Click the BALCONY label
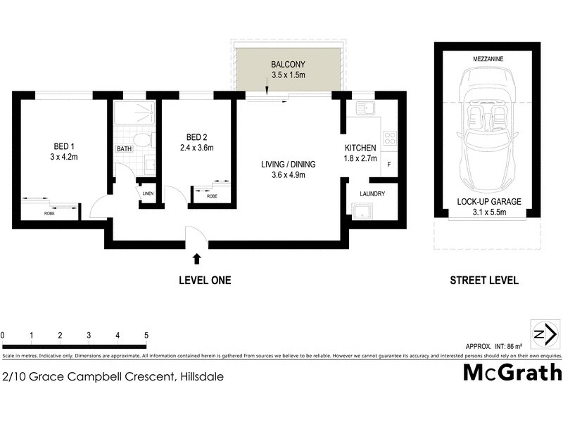pyautogui.click(x=288, y=65)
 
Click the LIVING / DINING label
pyautogui.click(x=288, y=165)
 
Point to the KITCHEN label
pyautogui.click(x=360, y=148)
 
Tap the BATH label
pyautogui.click(x=124, y=148)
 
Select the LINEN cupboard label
pyautogui.click(x=148, y=193)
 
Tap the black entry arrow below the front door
pyautogui.click(x=196, y=259)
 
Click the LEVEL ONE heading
pyautogui.click(x=204, y=280)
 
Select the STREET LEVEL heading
pyautogui.click(x=484, y=280)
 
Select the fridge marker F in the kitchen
pyautogui.click(x=388, y=164)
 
